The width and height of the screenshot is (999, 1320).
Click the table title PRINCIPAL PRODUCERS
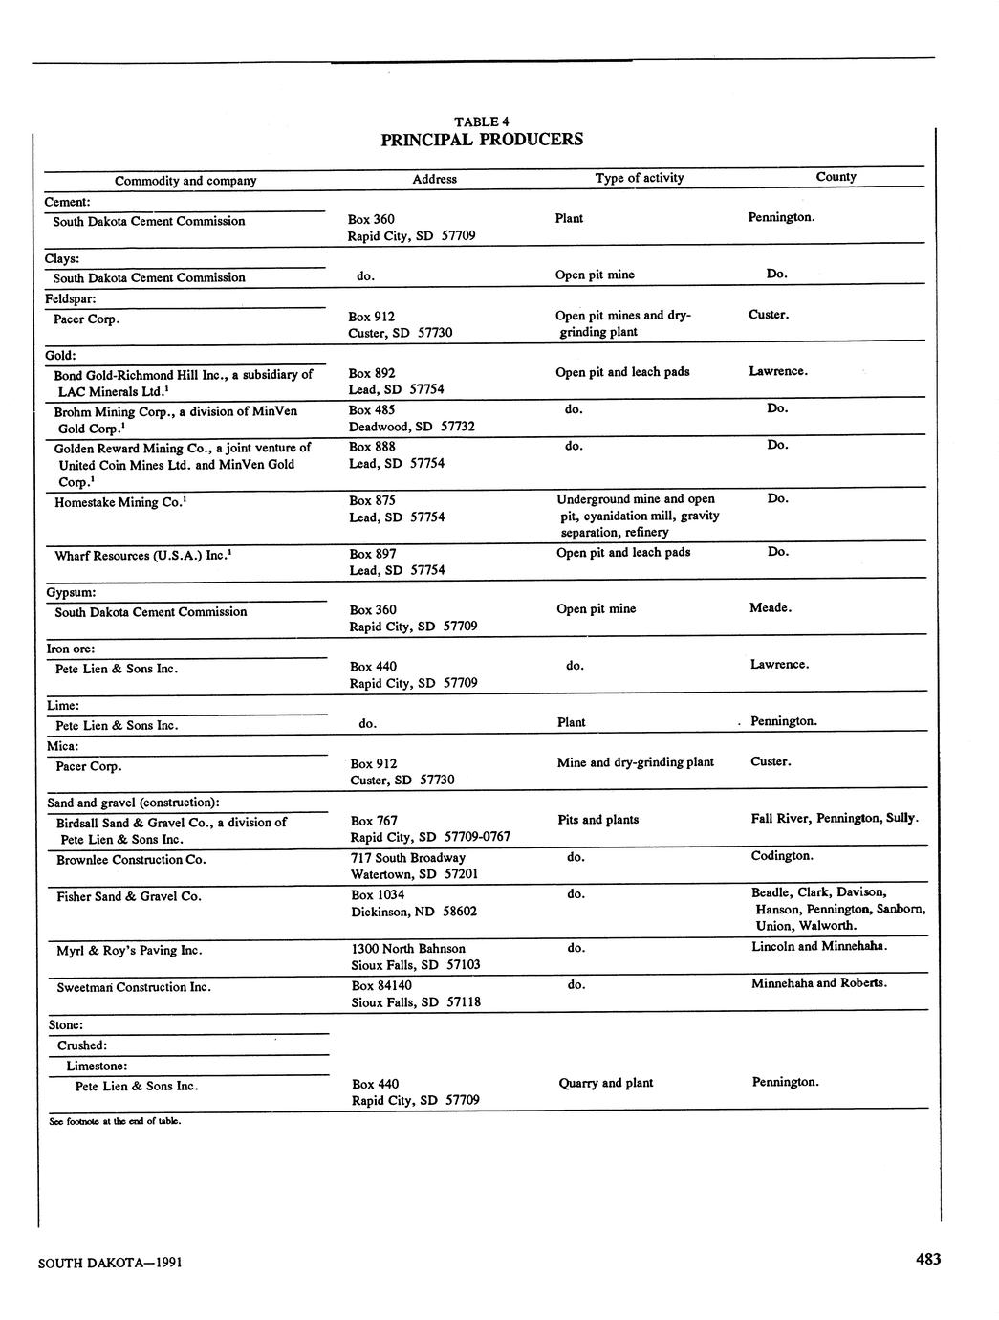(x=482, y=140)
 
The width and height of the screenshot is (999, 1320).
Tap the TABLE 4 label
(x=482, y=121)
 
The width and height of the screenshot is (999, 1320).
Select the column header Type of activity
(x=639, y=178)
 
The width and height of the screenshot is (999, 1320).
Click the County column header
(x=836, y=177)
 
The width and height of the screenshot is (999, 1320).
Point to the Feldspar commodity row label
(x=71, y=299)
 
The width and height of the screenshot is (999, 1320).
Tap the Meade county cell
(x=770, y=607)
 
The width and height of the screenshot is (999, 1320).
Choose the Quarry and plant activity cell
(x=605, y=1083)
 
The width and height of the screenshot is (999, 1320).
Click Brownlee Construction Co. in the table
(x=131, y=859)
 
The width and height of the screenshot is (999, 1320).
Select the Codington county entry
(x=782, y=856)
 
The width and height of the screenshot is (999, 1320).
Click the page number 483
(x=927, y=1259)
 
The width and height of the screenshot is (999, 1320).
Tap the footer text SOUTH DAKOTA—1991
(x=110, y=1263)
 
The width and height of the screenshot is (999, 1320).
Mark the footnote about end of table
(x=115, y=1121)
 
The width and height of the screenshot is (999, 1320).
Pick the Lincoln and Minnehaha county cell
(x=819, y=946)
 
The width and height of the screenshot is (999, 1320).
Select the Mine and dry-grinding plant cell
(x=635, y=762)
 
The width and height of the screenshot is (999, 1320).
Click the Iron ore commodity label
(x=71, y=649)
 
